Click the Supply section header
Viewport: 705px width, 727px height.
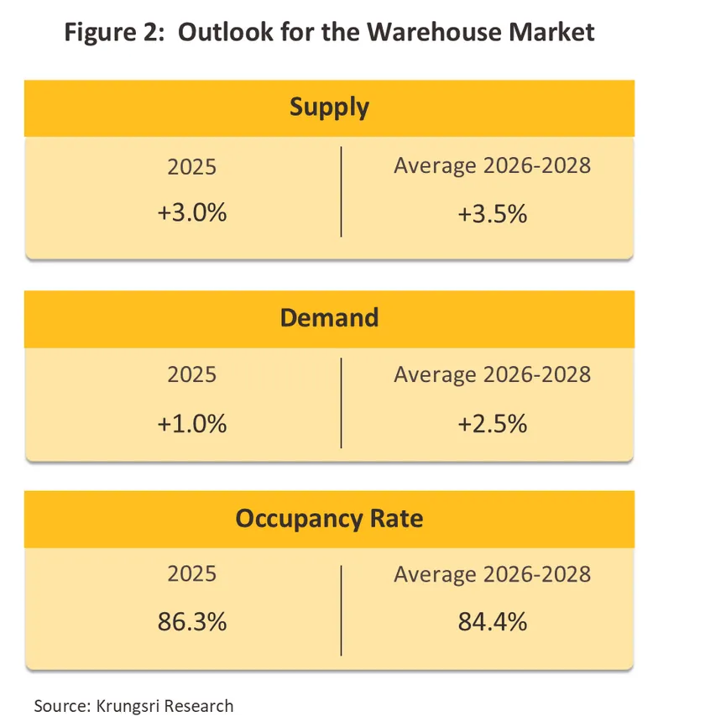329,107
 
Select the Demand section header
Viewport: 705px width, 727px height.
329,318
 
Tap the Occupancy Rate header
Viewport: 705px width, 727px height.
329,518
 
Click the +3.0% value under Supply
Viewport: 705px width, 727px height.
191,213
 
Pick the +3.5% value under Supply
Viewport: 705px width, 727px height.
492,213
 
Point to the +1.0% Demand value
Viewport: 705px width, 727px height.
191,424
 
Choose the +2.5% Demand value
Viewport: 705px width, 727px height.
492,424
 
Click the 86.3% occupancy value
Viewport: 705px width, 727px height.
191,623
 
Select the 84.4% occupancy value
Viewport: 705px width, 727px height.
492,623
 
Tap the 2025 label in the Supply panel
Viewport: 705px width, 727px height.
191,166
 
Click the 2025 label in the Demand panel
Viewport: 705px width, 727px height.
191,374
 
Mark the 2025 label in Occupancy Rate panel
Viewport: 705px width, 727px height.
191,573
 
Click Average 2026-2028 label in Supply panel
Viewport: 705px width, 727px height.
492,165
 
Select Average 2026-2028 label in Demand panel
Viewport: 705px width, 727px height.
492,374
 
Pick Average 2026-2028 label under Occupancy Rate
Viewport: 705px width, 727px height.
492,573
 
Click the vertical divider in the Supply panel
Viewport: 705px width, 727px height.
342,191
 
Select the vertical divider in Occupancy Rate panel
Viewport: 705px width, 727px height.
342,609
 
